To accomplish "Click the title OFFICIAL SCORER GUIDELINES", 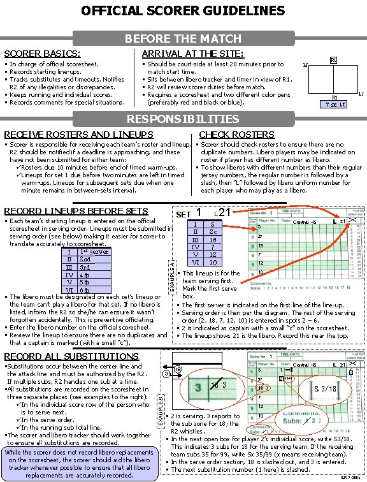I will pyautogui.click(x=183, y=11).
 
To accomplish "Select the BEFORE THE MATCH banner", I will pyautogui.click(x=183, y=39).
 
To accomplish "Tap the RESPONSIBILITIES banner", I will pyautogui.click(x=183, y=119).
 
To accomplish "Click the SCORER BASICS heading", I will pyautogui.click(x=42, y=54).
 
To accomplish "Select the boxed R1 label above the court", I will pyautogui.click(x=333, y=62).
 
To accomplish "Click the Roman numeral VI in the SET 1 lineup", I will pyautogui.click(x=196, y=262).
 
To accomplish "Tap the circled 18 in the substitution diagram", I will pyautogui.click(x=177, y=370).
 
